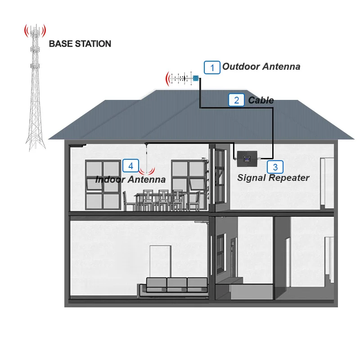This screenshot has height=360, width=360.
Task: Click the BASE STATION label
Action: point(80,44)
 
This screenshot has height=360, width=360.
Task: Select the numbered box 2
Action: point(237,100)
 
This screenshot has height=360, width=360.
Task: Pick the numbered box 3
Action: point(275,167)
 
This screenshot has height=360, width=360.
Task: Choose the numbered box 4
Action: point(130,166)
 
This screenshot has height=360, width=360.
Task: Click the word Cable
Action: point(261,100)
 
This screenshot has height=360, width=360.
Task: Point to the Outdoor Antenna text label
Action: point(261,67)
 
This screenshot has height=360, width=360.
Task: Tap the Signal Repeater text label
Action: point(273,178)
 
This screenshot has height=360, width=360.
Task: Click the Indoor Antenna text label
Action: point(130,180)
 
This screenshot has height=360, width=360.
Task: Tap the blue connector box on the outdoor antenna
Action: point(196,78)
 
